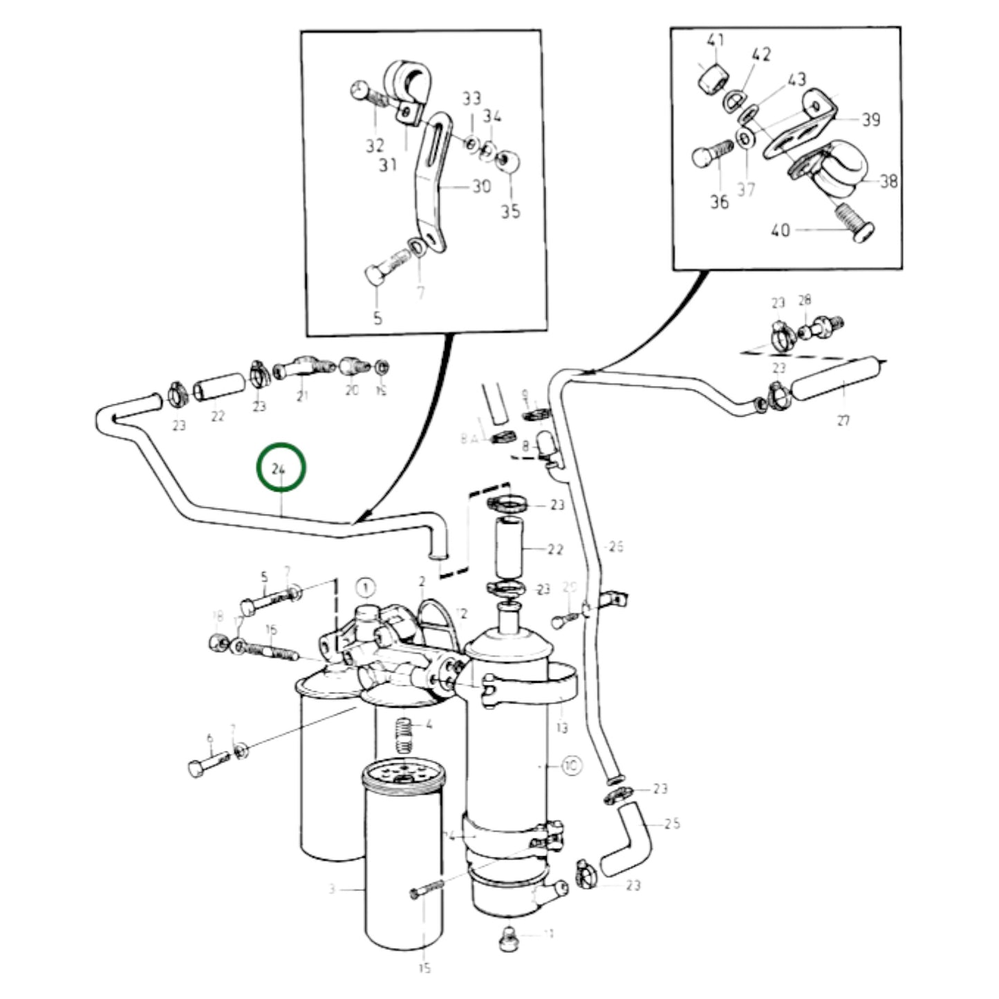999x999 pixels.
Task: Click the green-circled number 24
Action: coord(279,469)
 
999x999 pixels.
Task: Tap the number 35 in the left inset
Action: coord(510,212)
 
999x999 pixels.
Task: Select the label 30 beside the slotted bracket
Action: coord(481,186)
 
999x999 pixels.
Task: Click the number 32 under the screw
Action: coord(375,145)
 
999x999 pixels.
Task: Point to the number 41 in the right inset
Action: coord(715,41)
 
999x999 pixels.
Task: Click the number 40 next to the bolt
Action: coord(780,230)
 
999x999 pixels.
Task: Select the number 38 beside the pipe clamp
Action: coord(888,181)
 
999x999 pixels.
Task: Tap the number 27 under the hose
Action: coord(843,420)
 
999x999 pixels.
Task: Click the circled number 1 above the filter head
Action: coord(365,588)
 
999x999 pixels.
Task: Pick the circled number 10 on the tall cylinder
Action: coord(572,765)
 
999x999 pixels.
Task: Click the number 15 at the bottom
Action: coord(424,968)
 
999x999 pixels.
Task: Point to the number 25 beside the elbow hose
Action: coord(672,823)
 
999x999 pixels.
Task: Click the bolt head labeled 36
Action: coord(701,157)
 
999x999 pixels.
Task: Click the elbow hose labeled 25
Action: coord(626,840)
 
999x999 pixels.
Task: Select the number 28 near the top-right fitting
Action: coord(804,300)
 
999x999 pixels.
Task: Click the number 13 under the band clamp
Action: coord(561,727)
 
